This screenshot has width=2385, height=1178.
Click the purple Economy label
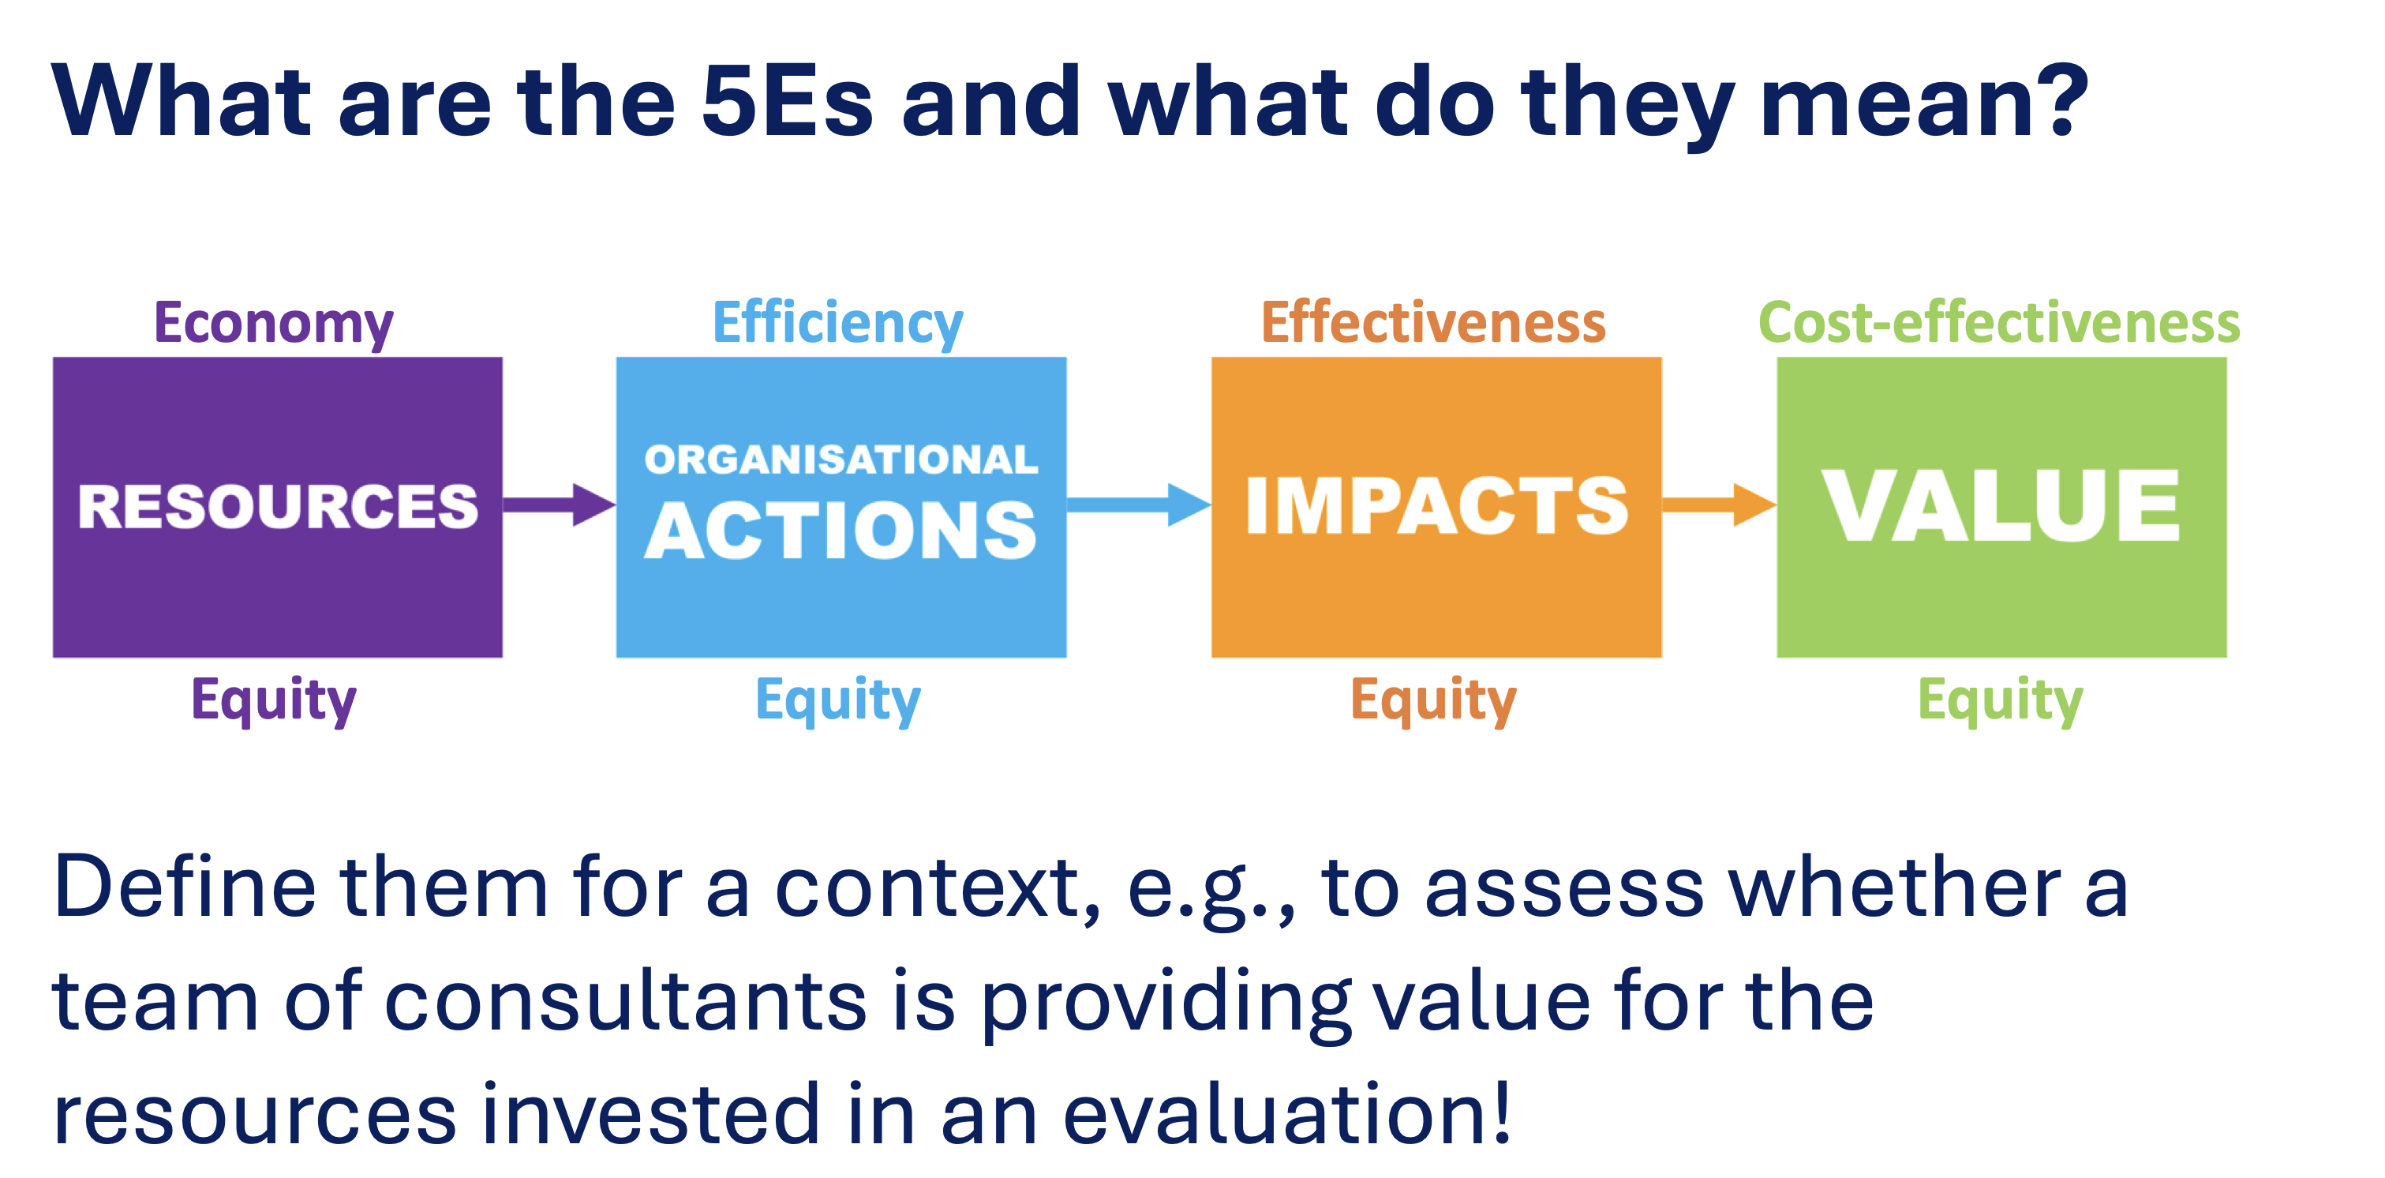(274, 325)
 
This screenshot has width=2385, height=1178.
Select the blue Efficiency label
(838, 325)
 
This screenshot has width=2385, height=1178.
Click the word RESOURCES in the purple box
(278, 507)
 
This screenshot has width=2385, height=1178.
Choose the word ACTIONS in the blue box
(841, 531)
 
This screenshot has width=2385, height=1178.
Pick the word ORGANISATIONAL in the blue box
(841, 460)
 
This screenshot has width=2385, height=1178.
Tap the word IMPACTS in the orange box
(1436, 505)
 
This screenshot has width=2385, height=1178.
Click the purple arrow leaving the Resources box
(560, 505)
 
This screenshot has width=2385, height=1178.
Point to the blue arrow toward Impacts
(1139, 505)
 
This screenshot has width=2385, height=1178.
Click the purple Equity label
(274, 701)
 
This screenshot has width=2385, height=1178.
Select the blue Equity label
(838, 701)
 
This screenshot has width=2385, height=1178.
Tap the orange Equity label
(1433, 701)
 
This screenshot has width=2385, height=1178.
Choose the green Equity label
(2000, 701)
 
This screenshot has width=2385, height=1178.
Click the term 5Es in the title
(787, 101)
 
